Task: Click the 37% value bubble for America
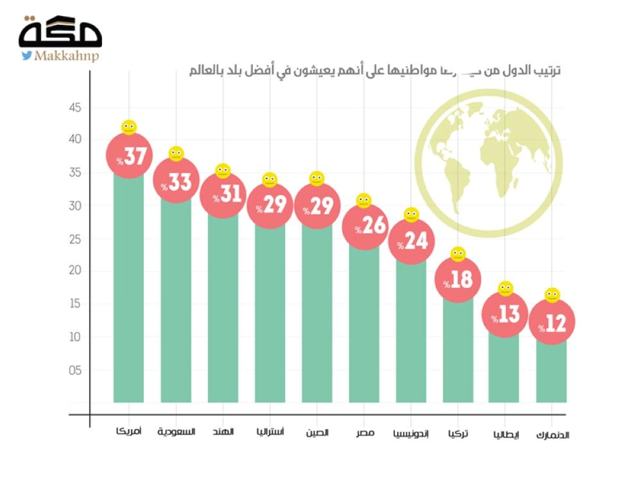(x=129, y=156)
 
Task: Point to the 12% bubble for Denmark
(x=552, y=323)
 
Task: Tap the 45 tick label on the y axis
(x=76, y=108)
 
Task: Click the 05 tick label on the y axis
(x=76, y=370)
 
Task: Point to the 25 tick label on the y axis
(x=76, y=239)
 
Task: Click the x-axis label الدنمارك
(x=552, y=435)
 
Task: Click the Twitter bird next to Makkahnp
(x=26, y=56)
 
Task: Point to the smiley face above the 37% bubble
(x=129, y=127)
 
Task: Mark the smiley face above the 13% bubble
(x=505, y=289)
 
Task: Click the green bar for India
(x=223, y=308)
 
